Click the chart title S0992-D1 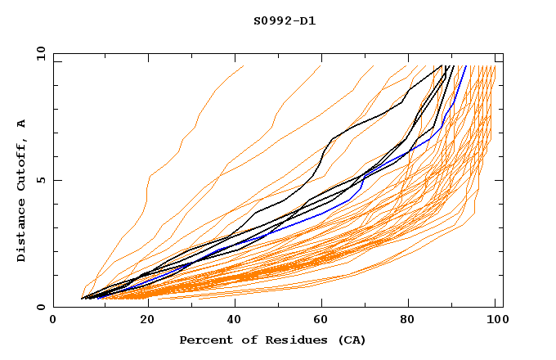pyautogui.click(x=285, y=20)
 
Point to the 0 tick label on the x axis pyautogui.click(x=53, y=322)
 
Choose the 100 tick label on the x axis pyautogui.click(x=495, y=322)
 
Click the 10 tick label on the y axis pyautogui.click(x=39, y=53)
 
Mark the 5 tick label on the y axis pyautogui.click(x=43, y=180)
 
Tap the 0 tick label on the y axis pyautogui.click(x=43, y=307)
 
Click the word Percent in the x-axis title pyautogui.click(x=202, y=340)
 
